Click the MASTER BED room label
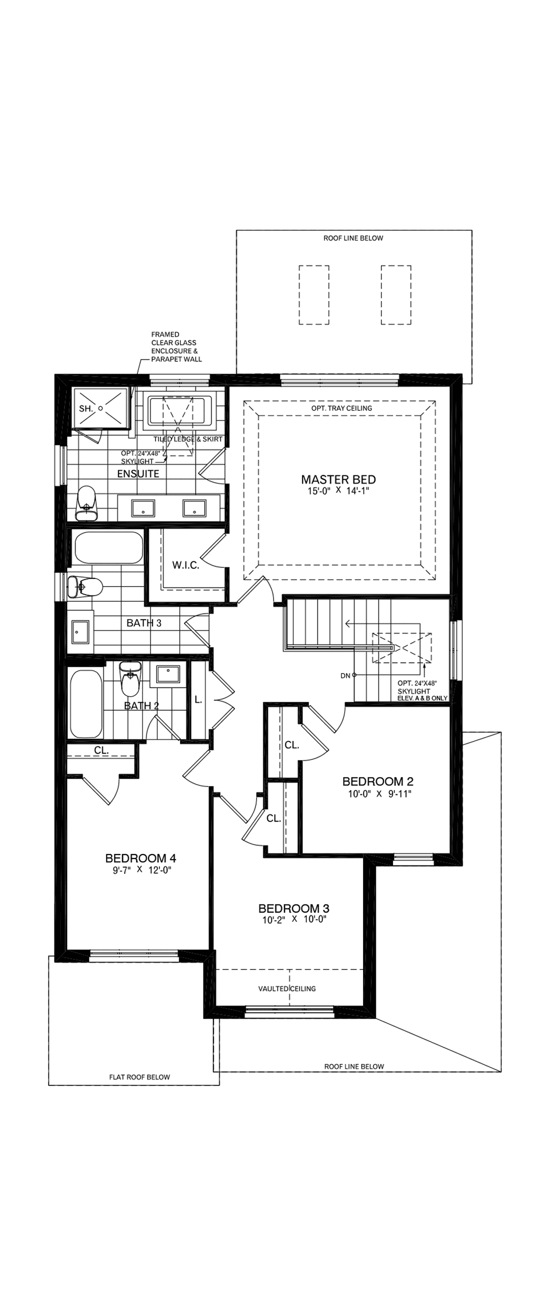[x=338, y=479]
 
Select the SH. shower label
[x=86, y=409]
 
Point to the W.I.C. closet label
[x=185, y=565]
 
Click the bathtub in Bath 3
[x=108, y=548]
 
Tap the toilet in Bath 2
[x=130, y=679]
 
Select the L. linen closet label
[x=198, y=700]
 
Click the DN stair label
[x=345, y=675]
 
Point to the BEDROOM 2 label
[x=377, y=781]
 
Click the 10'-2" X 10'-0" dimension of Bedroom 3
[x=294, y=919]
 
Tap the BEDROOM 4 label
[x=140, y=858]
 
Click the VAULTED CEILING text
[x=286, y=988]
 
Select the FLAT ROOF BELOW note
[x=139, y=1077]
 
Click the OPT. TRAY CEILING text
[x=341, y=408]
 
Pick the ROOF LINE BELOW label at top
[x=353, y=238]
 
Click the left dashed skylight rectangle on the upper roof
[x=314, y=294]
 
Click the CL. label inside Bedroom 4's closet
[x=101, y=750]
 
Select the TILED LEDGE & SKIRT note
[x=187, y=439]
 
